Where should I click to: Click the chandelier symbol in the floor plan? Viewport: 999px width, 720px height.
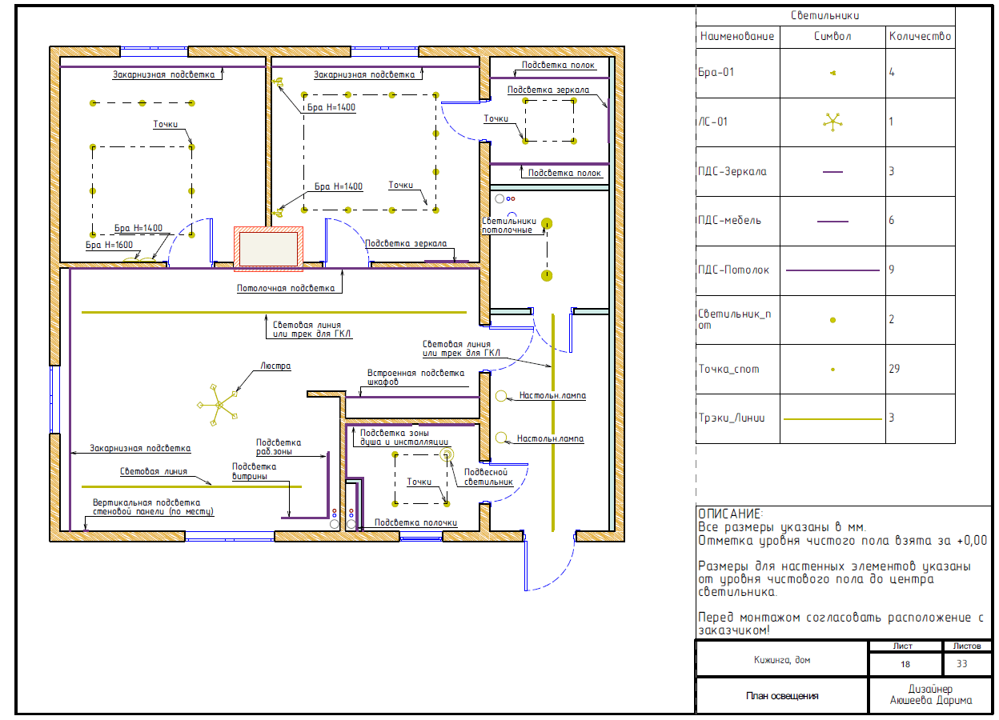219,405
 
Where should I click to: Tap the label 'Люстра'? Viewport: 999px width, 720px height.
275,366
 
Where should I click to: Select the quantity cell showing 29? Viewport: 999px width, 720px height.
894,369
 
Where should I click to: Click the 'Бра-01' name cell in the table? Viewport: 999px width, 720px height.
716,72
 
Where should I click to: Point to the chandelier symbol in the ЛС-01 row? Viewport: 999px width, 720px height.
832,122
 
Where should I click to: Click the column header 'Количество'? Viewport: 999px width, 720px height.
920,36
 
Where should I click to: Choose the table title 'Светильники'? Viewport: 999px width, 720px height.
825,16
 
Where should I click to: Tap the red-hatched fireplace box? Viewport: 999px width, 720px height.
268,249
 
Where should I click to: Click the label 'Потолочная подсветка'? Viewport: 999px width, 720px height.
286,289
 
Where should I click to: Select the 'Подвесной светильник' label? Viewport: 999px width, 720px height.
488,477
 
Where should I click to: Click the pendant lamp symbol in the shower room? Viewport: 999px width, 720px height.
447,454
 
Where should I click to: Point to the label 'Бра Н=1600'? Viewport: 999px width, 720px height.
109,245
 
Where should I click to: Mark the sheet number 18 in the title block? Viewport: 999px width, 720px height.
905,664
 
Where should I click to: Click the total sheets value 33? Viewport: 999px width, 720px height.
962,664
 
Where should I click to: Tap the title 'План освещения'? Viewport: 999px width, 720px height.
782,696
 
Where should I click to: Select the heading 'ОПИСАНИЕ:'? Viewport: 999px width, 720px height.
731,514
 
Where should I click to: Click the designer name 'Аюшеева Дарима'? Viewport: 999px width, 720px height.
931,700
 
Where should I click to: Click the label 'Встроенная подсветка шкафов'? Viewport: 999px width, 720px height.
415,377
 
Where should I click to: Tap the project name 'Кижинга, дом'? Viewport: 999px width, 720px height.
782,660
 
